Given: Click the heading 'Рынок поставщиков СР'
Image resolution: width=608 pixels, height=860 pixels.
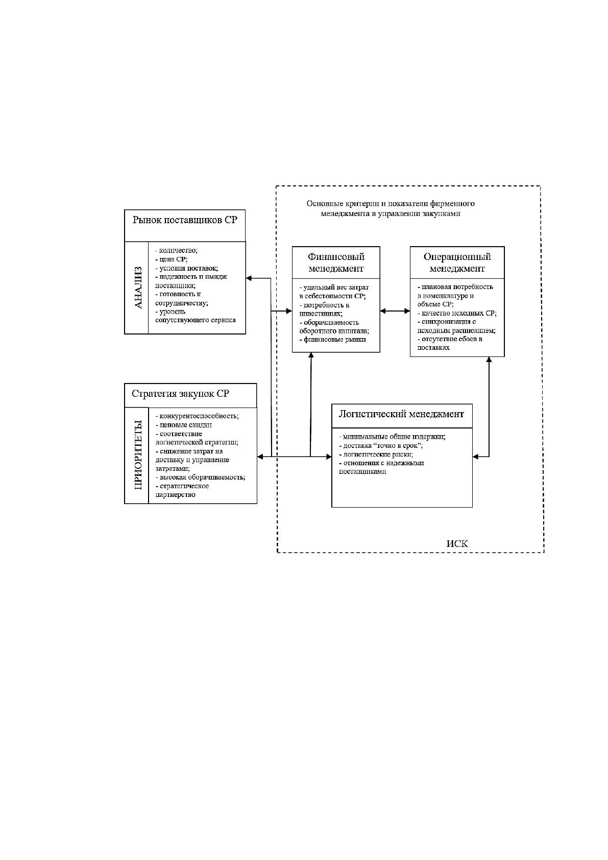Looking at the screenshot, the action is pos(185,220).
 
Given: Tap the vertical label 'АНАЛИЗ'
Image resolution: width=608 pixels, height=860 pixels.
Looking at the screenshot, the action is pos(138,287).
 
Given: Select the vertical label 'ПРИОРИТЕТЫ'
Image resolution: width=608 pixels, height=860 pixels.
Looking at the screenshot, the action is pos(138,455).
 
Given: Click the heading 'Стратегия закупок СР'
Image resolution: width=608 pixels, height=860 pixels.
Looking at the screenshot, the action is pos(180,394).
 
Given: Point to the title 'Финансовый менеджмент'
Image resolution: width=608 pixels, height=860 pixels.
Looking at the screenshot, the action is pos(336,262).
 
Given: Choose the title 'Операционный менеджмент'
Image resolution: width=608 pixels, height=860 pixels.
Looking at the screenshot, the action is pos(457,262).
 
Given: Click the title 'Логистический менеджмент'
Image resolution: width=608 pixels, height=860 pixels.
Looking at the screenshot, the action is pos(401,414).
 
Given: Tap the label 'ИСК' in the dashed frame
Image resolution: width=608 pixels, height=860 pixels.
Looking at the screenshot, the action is pos(457,544).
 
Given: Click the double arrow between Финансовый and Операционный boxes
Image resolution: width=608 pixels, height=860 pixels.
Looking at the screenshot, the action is pos(395,311).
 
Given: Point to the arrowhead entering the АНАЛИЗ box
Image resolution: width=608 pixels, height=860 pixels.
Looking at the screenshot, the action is pos(249,278).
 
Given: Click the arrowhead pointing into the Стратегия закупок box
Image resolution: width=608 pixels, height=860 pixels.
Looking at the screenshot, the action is pos(260,457).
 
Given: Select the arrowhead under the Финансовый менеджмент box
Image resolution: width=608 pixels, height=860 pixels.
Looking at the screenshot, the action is pos(311,355).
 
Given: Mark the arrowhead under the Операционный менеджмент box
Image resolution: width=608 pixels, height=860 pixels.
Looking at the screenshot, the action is pos(489,360).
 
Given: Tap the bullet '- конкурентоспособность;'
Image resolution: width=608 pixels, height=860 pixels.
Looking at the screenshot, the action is pos(197,416).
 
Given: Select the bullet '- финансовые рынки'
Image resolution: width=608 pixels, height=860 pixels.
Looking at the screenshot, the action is pos(332,340).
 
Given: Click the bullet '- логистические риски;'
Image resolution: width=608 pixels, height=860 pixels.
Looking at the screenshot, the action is pos(376,454).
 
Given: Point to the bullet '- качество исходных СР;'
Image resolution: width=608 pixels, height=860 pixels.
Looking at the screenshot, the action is pos(457,313).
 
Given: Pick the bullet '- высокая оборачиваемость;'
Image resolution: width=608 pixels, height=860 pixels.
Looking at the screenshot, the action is pos(200,477).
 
